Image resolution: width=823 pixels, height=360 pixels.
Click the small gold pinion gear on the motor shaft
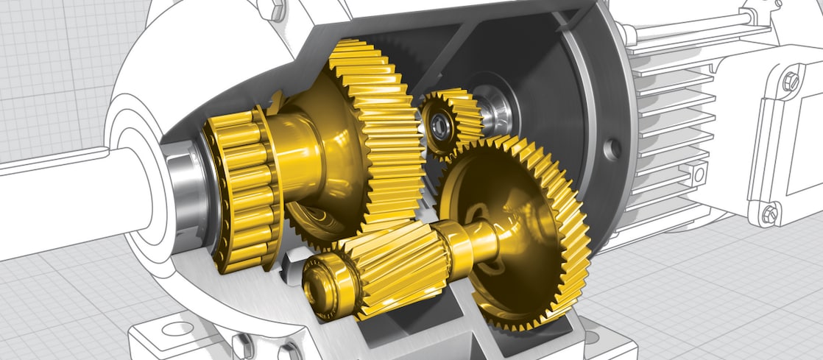pos(451,121)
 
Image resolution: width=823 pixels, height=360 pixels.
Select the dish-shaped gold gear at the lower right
pos(515,221)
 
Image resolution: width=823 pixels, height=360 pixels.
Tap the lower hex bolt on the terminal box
pos(770,214)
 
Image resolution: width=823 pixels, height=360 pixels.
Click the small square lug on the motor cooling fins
pos(698,174)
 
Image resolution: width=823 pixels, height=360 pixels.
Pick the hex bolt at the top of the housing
pos(275,10)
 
